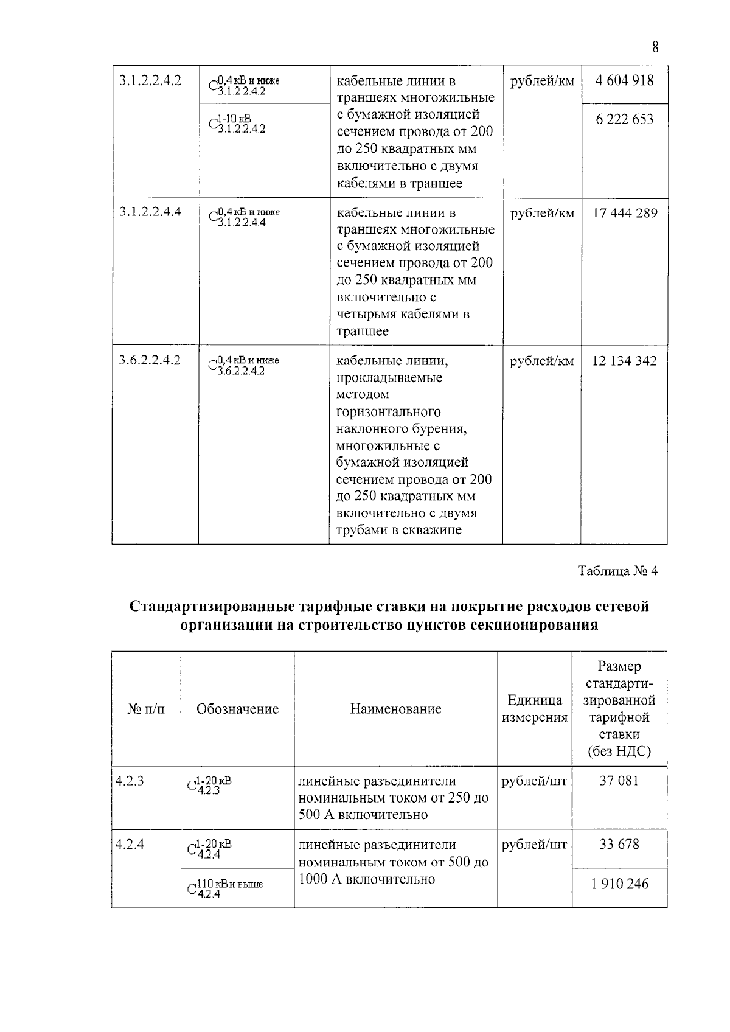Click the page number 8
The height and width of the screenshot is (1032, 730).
point(655,47)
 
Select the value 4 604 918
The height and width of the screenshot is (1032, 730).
point(625,80)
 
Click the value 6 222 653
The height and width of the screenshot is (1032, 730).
point(625,119)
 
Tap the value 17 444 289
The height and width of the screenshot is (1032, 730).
point(625,213)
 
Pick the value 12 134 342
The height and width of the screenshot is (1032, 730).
point(625,361)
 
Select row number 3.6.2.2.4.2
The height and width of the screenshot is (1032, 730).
point(150,360)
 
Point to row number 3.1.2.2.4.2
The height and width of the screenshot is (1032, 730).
point(150,80)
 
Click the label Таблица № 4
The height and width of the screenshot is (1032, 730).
point(617,571)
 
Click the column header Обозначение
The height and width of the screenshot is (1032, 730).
point(237,709)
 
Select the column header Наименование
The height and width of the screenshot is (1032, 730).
point(395,709)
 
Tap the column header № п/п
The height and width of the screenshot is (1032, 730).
point(146,709)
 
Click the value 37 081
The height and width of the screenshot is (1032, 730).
point(619,781)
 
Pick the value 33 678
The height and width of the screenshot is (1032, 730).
point(619,845)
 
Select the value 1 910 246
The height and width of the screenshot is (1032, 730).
point(619,884)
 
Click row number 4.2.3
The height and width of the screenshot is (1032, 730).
point(130,781)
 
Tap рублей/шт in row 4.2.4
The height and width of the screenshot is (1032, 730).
point(534,845)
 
